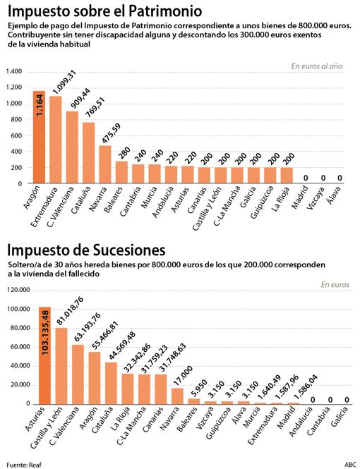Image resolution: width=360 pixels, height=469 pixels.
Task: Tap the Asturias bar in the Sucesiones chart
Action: (44, 355)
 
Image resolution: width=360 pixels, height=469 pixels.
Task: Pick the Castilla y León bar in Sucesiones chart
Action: (61, 366)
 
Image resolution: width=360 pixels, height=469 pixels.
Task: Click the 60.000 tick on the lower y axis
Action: (18, 346)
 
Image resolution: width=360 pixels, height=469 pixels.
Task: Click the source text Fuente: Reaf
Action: (24, 463)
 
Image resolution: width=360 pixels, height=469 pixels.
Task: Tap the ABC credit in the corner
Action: (349, 463)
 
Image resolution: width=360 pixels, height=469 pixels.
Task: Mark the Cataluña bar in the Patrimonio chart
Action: (88, 152)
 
